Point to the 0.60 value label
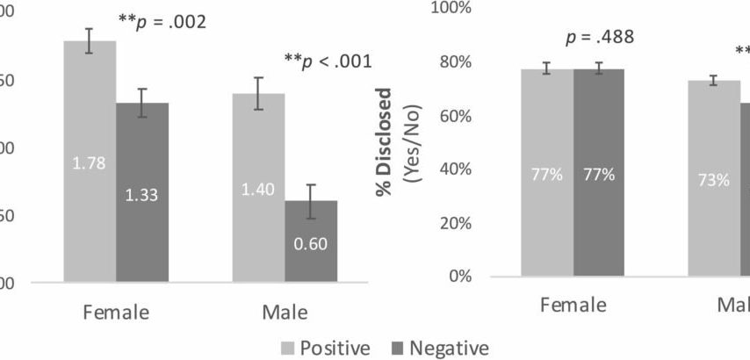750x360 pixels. pyautogui.click(x=311, y=244)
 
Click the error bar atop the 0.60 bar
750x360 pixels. pyautogui.click(x=311, y=201)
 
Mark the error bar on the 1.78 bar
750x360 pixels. pyautogui.click(x=90, y=40)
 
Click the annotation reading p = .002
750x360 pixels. pyautogui.click(x=162, y=20)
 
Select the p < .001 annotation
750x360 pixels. pyautogui.click(x=328, y=61)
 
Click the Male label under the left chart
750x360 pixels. pyautogui.click(x=284, y=312)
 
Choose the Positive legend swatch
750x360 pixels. pyautogui.click(x=285, y=347)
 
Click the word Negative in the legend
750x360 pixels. pyautogui.click(x=449, y=347)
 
